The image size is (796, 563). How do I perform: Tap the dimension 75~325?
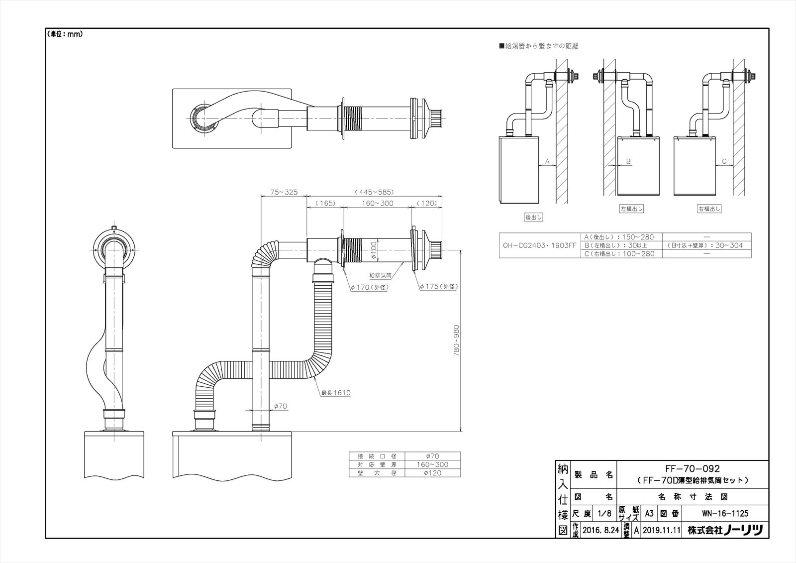click(x=283, y=192)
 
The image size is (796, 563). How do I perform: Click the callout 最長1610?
click(x=335, y=393)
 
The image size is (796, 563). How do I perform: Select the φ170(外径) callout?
click(x=369, y=287)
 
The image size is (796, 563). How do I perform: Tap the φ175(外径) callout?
click(x=438, y=287)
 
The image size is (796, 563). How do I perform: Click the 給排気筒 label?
click(x=381, y=274)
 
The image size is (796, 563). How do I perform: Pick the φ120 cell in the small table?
click(x=432, y=473)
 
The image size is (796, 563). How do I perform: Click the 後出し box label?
click(x=533, y=218)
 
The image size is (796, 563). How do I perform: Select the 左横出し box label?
click(x=631, y=209)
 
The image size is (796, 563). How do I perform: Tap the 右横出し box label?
click(x=709, y=209)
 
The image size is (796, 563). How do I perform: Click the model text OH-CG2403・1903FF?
click(x=539, y=245)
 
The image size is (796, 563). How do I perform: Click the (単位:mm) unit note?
click(x=65, y=34)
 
